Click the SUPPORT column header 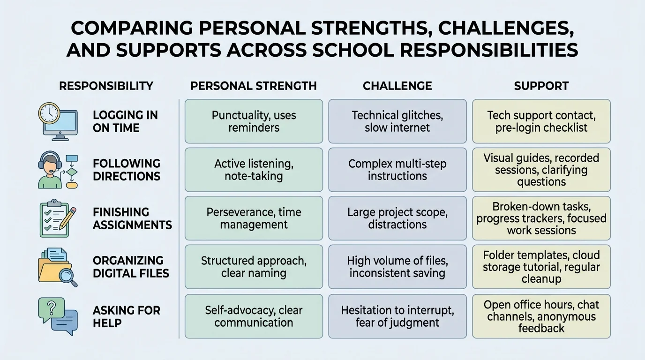click(541, 86)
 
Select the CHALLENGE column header click(397, 86)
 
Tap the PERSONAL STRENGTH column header click(254, 86)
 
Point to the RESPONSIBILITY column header click(106, 86)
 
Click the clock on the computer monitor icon click(49, 113)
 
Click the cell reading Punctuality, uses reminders click(254, 121)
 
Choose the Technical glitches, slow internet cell click(397, 121)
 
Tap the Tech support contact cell click(541, 121)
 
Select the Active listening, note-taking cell click(254, 170)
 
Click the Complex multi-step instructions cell click(397, 170)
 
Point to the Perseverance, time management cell click(254, 218)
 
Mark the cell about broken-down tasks click(541, 218)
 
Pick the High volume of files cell click(397, 266)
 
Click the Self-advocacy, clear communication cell click(254, 316)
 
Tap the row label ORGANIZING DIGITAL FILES click(131, 267)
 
